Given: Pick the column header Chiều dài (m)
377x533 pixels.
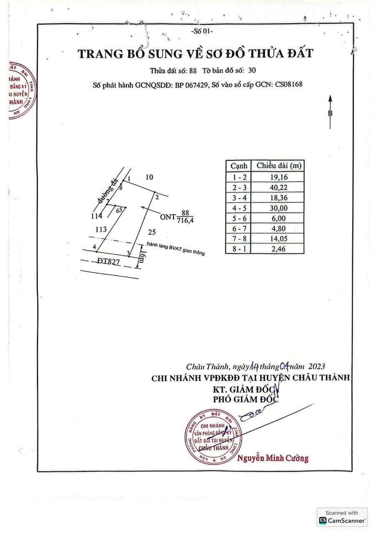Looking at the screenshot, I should tap(279, 166).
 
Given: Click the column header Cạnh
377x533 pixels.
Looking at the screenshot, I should tap(239, 166).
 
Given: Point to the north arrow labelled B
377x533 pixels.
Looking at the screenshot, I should tap(330, 112).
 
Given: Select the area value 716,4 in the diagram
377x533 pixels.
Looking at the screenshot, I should tap(186, 221).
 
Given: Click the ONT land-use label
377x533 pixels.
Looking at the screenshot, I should tap(168, 216).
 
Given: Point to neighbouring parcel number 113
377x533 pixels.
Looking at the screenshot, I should tap(101, 229).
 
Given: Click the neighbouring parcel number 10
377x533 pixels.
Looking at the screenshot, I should tap(149, 177).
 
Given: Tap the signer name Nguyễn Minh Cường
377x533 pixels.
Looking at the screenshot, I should tap(273, 458).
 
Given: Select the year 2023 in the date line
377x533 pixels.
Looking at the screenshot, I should tap(317, 367).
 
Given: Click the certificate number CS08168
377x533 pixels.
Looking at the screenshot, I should tap(288, 85).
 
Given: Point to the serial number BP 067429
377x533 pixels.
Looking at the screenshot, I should tap(191, 85).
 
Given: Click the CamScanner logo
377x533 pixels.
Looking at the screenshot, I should tap(342, 521).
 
